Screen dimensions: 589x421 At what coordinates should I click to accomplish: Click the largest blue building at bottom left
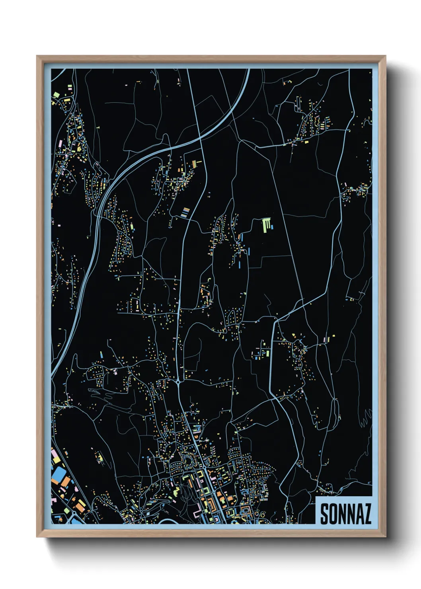pos(59,474)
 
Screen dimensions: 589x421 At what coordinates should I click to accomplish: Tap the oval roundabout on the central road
pos(178,382)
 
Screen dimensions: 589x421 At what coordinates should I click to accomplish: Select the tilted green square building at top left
pos(57,95)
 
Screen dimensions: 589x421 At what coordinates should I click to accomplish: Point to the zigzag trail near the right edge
pos(365,418)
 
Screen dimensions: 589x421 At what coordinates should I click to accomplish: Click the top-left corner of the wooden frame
pos(37,56)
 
